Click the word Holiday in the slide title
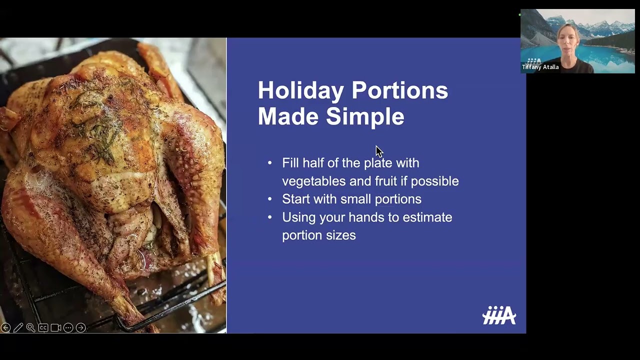[x=300, y=90]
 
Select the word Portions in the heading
[x=399, y=90]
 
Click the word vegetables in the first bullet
[x=313, y=181]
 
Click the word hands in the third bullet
[x=366, y=217]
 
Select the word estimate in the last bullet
[x=428, y=217]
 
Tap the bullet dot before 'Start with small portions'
[x=270, y=199]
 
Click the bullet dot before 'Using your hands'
[x=270, y=217]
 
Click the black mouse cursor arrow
[x=379, y=151]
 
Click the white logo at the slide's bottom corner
[x=499, y=316]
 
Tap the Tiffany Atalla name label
[x=540, y=67]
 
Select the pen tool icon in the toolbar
[x=18, y=328]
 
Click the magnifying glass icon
[x=30, y=328]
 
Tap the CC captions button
[x=43, y=328]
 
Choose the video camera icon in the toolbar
[x=55, y=328]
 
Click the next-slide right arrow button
[x=80, y=328]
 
